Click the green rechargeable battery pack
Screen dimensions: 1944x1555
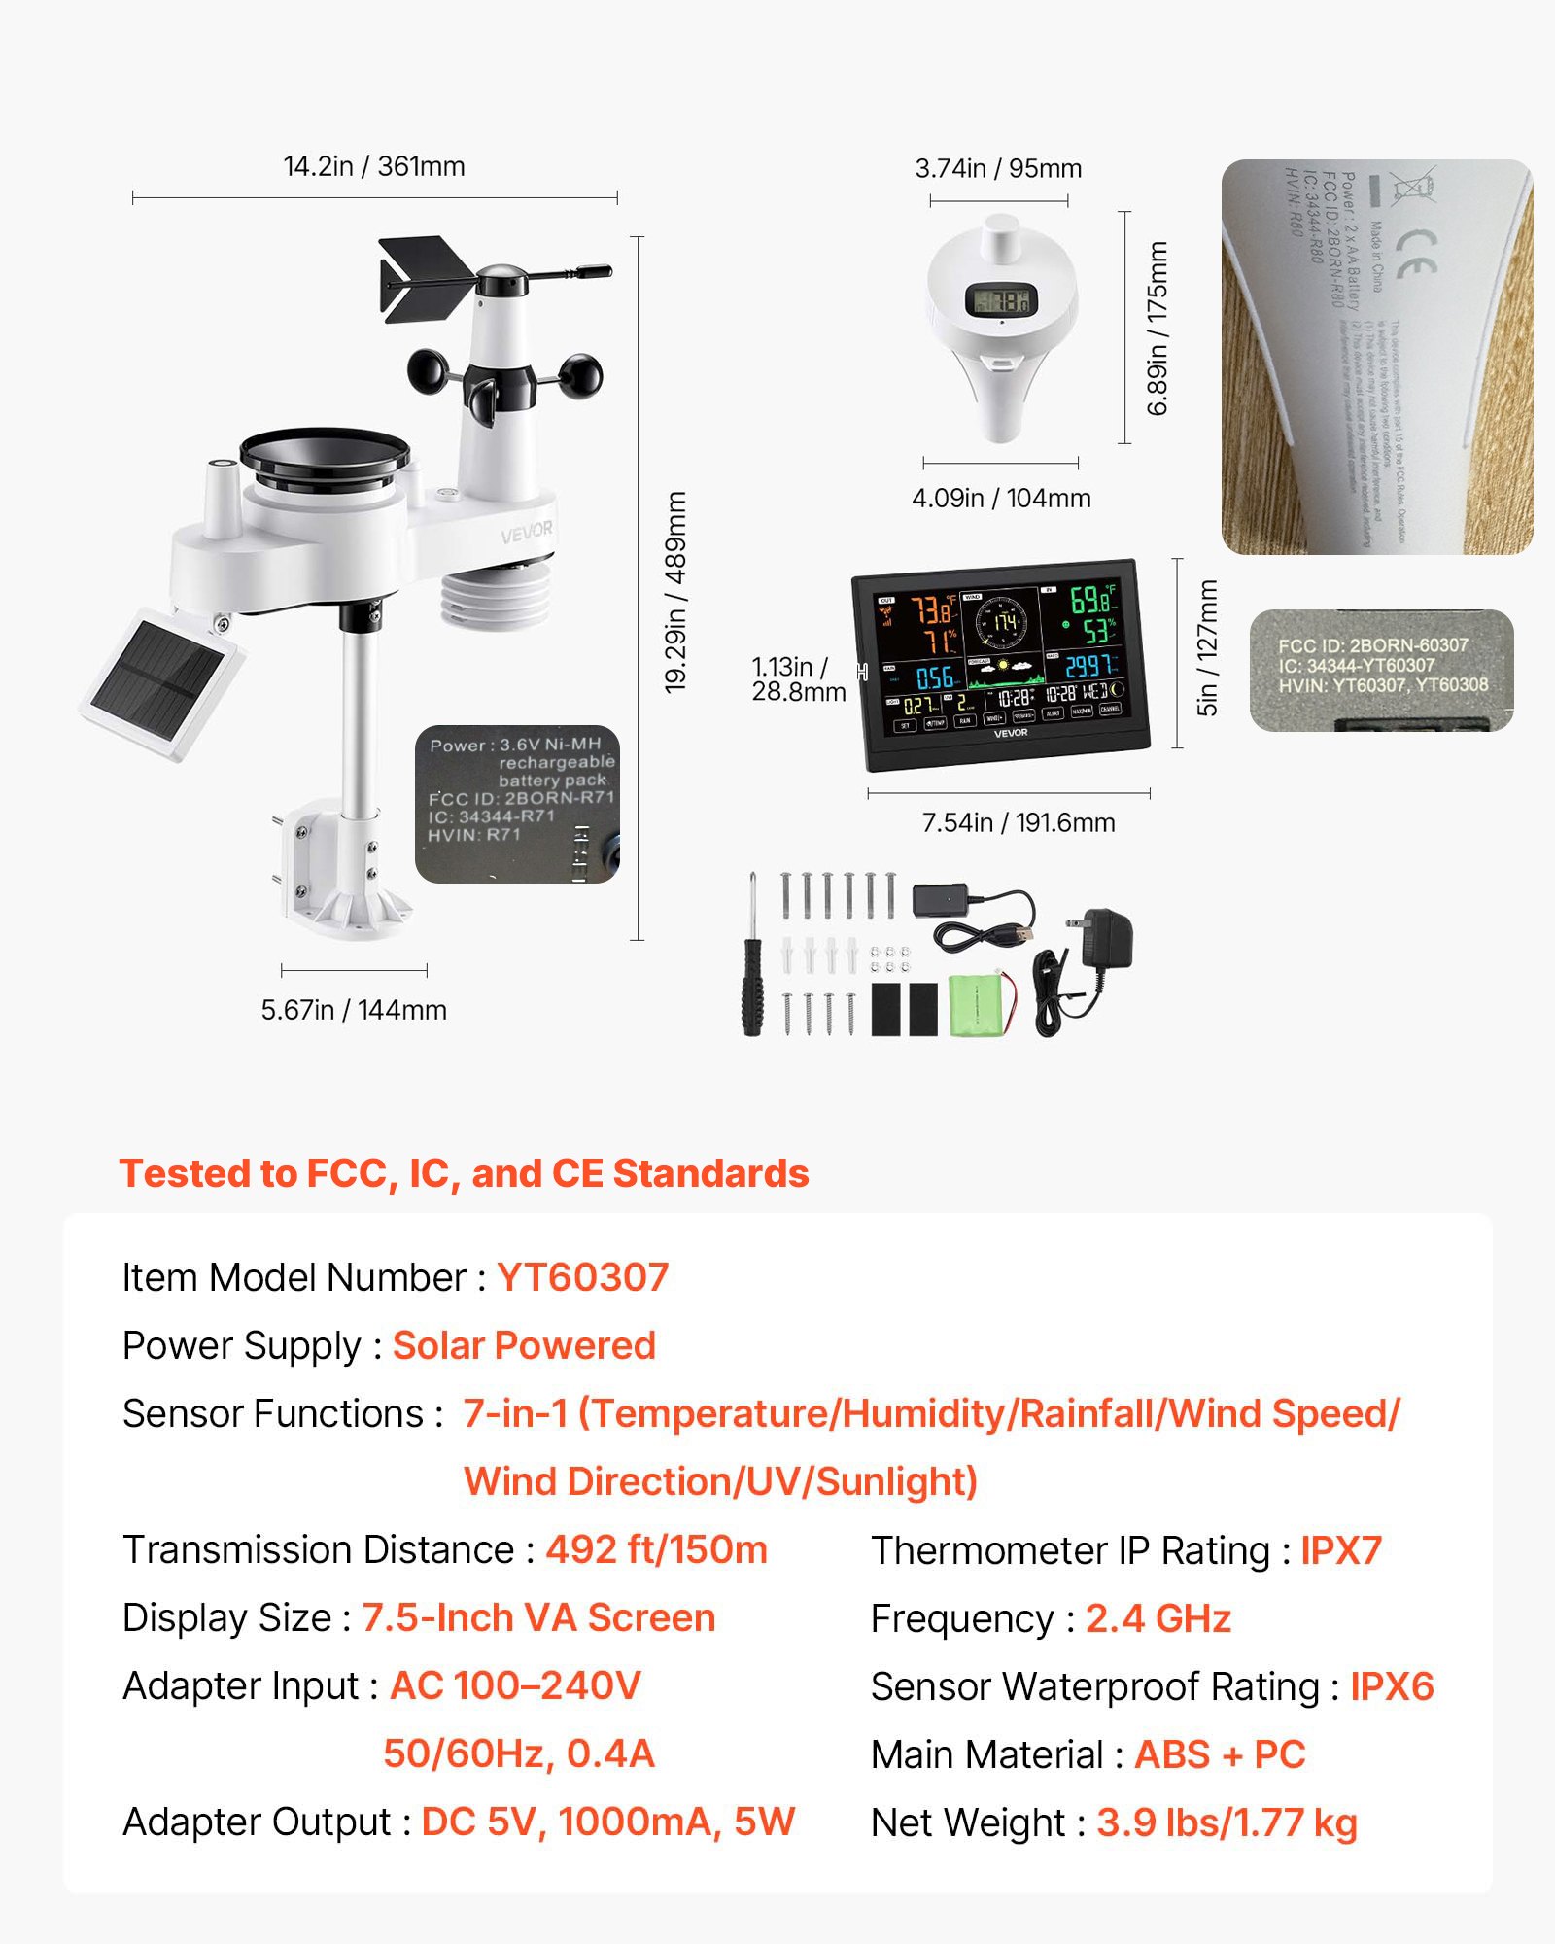coord(980,1005)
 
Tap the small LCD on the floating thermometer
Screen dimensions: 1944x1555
coord(1001,301)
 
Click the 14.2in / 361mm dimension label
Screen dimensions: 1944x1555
coord(374,166)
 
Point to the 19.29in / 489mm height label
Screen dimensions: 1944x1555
coord(675,592)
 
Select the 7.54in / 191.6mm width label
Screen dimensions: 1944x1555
coord(1018,823)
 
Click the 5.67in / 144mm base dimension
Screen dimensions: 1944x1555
coord(354,1010)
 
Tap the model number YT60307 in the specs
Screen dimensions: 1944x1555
coord(582,1277)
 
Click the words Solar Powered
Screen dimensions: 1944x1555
coord(524,1345)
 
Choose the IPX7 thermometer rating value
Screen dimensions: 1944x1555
coord(1341,1550)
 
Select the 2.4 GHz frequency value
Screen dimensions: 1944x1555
coord(1158,1618)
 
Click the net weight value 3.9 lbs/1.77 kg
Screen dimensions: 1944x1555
coord(1227,1822)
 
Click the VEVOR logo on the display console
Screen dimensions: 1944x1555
coord(1011,733)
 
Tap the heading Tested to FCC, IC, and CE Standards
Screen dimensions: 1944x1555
coord(464,1173)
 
